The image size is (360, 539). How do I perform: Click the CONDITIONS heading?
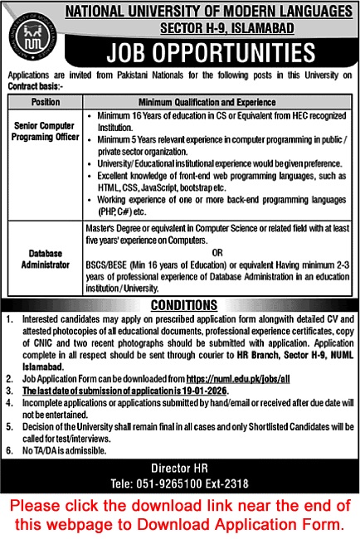point(179,303)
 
